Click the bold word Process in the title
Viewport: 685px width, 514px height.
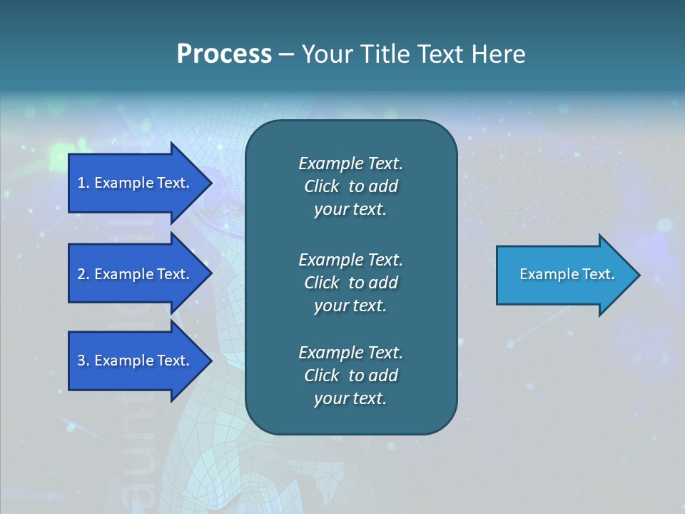(224, 54)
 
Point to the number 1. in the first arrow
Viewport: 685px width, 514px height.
(83, 183)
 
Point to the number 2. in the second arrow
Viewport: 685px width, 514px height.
(83, 274)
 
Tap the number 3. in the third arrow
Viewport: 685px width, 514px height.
(83, 361)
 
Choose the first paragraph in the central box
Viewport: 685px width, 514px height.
(350, 186)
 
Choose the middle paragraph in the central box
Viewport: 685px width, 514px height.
(350, 283)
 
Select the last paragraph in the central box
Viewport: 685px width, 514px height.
(350, 376)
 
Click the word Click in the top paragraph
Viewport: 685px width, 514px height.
(322, 186)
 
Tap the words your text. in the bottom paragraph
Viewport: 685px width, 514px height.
(350, 399)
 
